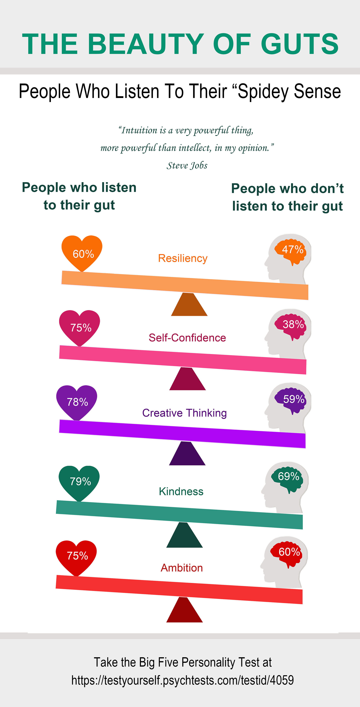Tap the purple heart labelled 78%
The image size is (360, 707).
coord(77,403)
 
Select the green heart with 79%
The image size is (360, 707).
coord(79,483)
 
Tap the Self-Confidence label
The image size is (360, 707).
coord(187,338)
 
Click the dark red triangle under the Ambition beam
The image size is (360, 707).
coord(184,610)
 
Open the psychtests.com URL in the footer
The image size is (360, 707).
coord(182,680)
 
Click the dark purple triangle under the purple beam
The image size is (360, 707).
coord(187,453)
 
